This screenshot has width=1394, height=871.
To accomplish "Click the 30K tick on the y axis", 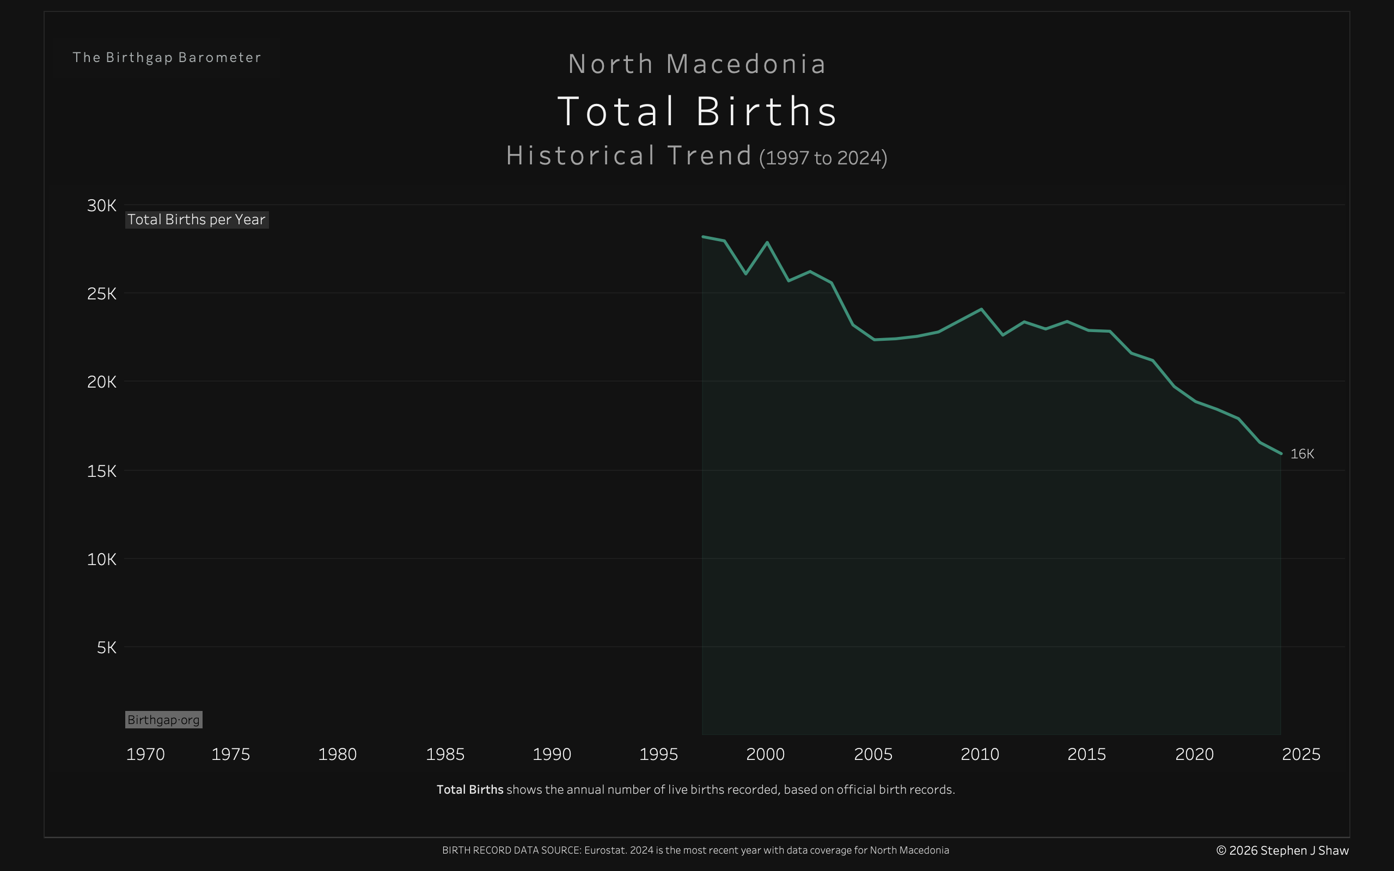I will pos(101,206).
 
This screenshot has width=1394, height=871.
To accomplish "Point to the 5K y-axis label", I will pos(107,647).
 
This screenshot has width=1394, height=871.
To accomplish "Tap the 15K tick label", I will pos(101,471).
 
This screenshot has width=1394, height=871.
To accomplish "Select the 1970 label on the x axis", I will pos(145,754).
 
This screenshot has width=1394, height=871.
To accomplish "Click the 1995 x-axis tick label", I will pos(658,754).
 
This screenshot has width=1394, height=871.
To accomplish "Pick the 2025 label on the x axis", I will pos(1301,754).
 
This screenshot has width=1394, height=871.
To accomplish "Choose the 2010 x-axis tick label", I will pos(980,754).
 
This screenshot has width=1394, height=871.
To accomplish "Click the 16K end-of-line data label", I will pos(1302,454).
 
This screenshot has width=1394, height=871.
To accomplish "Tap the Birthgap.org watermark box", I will pos(163,720).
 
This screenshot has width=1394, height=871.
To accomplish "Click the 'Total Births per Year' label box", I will pos(197,219).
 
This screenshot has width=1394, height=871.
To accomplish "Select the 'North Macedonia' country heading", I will pos(697,64).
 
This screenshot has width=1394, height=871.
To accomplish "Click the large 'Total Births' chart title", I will pos(697,111).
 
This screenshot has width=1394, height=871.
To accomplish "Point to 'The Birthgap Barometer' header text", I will pos(167,58).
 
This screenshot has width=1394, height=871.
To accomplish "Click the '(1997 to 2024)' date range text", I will pos(823,158).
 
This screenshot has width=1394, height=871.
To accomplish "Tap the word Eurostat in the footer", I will pos(605,850).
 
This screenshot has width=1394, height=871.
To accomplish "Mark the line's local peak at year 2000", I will pos(767,243).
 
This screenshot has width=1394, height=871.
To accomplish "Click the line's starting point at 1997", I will pos(703,237).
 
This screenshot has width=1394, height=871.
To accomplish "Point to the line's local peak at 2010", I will pos(981,309).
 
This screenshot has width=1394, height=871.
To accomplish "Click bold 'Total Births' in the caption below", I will pos(470,790).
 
